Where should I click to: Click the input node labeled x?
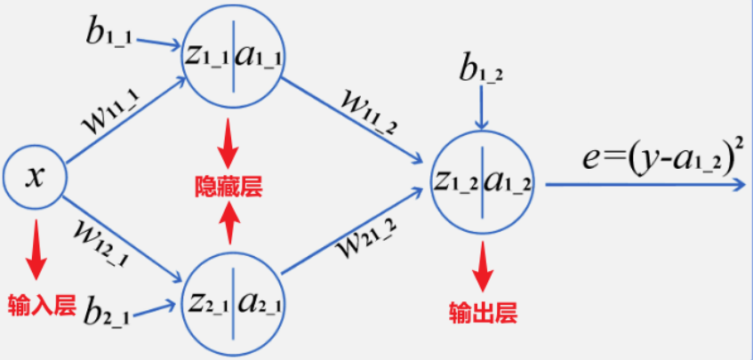point(35,177)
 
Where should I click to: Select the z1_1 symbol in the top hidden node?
point(206,55)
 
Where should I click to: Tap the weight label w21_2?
point(365,241)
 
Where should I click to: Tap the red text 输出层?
point(483,311)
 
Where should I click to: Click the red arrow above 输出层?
point(483,266)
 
